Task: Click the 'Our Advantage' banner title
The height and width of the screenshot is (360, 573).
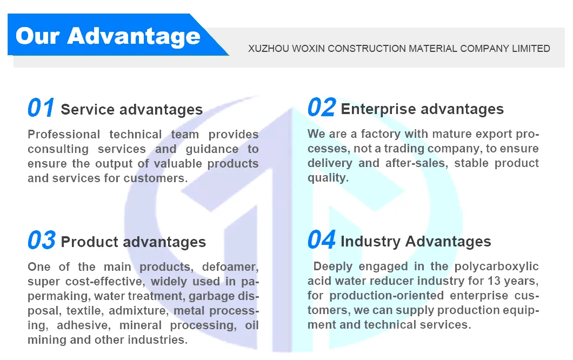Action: (108, 36)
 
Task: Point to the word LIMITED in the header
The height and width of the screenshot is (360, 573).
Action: (531, 49)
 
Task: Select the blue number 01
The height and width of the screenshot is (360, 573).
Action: (41, 109)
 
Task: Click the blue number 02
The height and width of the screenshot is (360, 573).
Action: (322, 108)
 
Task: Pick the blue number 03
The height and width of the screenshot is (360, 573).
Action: (42, 241)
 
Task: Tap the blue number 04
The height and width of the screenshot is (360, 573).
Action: (322, 240)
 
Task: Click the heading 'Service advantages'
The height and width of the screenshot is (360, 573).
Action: (131, 110)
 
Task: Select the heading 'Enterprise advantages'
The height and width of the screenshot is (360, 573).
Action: (422, 109)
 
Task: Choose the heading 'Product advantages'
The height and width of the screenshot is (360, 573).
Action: (133, 242)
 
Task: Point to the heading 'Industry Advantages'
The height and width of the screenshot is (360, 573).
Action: (416, 241)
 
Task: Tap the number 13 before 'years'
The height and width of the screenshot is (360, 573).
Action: (492, 281)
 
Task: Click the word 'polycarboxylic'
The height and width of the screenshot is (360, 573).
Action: (497, 266)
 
